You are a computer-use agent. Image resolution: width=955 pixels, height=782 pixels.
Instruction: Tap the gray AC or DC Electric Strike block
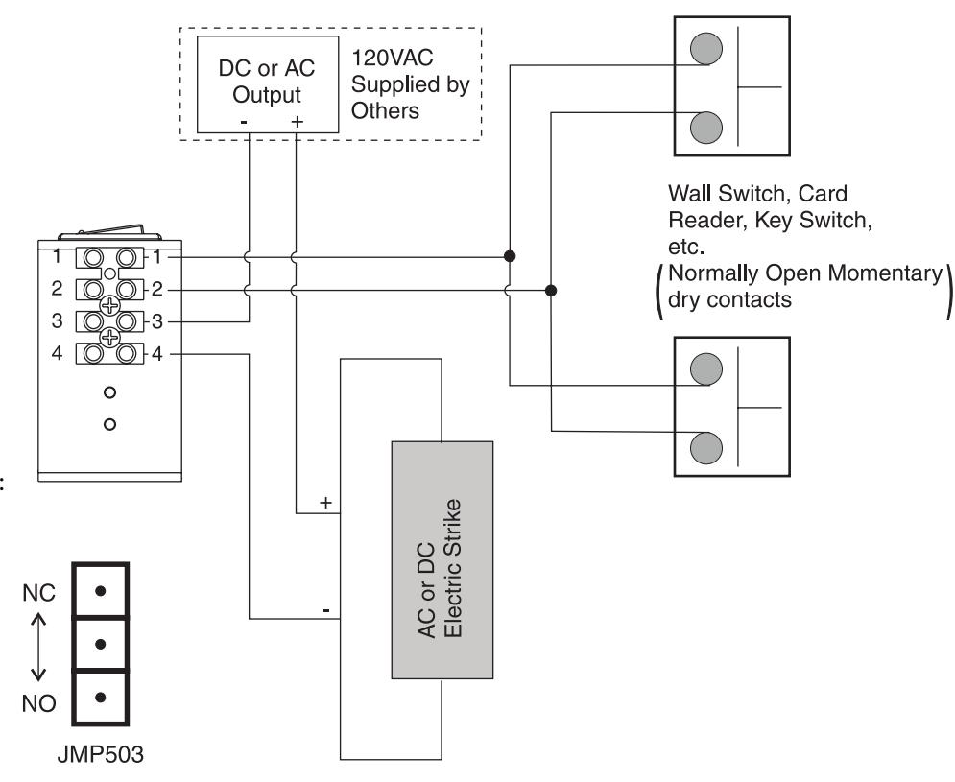click(x=442, y=559)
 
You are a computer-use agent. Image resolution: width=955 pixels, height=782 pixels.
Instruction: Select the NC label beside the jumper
click(x=39, y=593)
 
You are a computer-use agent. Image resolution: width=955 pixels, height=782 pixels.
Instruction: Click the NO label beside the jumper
click(x=39, y=703)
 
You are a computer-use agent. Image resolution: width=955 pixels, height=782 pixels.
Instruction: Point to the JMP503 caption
click(x=101, y=754)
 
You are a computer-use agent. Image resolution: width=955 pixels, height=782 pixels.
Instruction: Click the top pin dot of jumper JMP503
click(x=101, y=591)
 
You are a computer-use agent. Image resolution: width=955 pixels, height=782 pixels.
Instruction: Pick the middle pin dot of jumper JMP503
click(x=101, y=644)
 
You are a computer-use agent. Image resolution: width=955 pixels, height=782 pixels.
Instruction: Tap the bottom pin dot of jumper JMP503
click(x=101, y=698)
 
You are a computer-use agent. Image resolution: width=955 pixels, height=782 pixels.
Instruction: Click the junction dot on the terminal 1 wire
click(x=510, y=256)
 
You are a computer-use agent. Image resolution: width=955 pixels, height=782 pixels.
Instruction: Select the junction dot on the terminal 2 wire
click(x=551, y=291)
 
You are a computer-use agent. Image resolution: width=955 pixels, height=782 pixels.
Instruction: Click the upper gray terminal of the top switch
click(x=706, y=49)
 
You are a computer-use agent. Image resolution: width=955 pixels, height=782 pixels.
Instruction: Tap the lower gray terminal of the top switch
click(x=706, y=128)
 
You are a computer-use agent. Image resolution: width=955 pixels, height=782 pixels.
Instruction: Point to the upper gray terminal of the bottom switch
click(x=706, y=369)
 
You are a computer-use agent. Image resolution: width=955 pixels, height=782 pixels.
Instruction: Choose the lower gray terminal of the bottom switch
click(x=706, y=448)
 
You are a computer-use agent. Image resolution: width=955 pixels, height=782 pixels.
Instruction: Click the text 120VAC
click(x=393, y=58)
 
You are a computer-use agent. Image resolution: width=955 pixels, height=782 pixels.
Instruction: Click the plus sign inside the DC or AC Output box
click(x=297, y=122)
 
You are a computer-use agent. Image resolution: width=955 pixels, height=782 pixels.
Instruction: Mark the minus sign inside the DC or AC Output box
click(x=244, y=123)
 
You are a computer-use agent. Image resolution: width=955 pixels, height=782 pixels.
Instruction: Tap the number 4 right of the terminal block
click(x=157, y=354)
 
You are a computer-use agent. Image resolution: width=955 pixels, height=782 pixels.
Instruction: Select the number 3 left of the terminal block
click(x=57, y=320)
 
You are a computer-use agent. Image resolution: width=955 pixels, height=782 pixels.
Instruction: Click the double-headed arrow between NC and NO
click(x=38, y=647)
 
